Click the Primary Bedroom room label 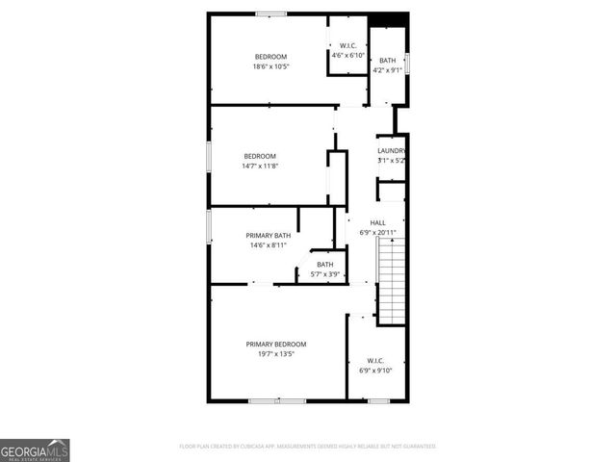pos(275,345)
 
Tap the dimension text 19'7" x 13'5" pos(275,354)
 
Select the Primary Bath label pos(268,236)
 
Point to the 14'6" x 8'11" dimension pos(268,245)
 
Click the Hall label pos(377,222)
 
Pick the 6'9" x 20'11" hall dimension pos(377,232)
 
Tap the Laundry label pos(391,150)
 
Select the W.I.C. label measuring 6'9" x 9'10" pos(375,361)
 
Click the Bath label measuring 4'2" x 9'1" pos(387,61)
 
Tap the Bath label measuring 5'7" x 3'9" pos(325,265)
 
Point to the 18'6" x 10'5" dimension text pos(270,66)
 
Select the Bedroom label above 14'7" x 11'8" pos(260,157)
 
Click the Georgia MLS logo pos(35,449)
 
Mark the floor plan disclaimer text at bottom pos(308,447)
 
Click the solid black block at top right pos(389,20)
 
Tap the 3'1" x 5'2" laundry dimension pos(391,160)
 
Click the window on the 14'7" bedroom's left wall pos(209,157)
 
